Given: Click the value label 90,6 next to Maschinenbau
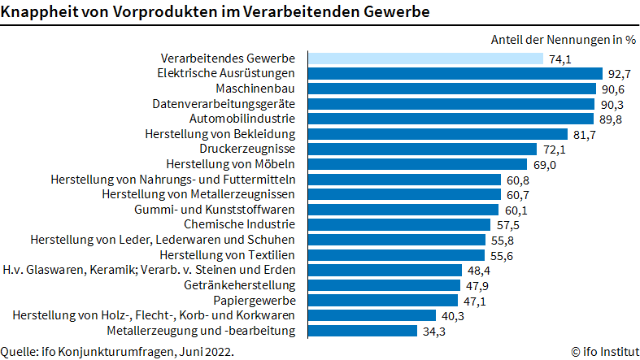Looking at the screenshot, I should point(613,89).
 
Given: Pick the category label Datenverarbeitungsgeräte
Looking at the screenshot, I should point(224,104).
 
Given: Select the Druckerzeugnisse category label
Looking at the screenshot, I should point(247,149).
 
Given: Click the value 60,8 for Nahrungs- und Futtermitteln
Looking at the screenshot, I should point(518,180).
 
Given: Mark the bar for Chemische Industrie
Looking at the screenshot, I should point(398,224).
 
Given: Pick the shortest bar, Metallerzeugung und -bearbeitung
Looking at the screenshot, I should point(363,330).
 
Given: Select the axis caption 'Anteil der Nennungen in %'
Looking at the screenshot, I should point(563,39).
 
